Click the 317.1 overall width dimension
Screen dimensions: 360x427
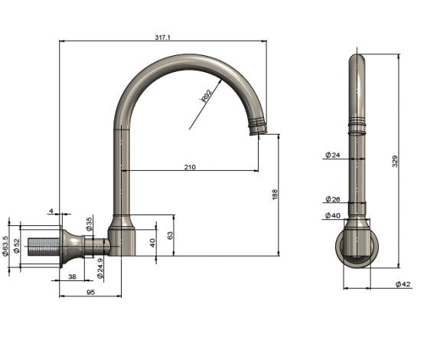(x=161, y=36)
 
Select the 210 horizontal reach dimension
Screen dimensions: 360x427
(x=189, y=166)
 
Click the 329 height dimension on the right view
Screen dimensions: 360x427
(x=395, y=161)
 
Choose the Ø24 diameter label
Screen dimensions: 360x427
(x=332, y=155)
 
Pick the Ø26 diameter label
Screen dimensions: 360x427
(x=332, y=200)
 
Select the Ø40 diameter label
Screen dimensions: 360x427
(x=332, y=216)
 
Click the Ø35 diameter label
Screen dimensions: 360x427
(x=90, y=224)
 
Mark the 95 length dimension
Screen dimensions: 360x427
(x=90, y=292)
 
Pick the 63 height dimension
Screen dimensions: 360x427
(x=170, y=235)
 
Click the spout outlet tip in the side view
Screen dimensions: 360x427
(x=259, y=129)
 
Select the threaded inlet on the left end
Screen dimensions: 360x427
(x=42, y=247)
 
